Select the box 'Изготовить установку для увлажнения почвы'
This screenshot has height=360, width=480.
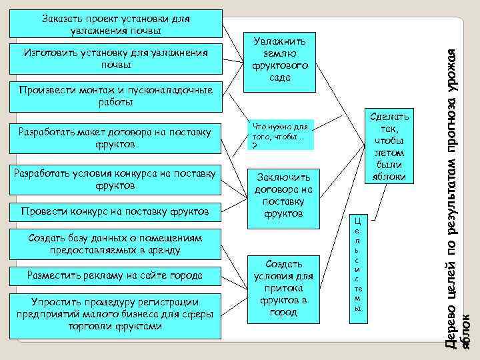tap(115, 59)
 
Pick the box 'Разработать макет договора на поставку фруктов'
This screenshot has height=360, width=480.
tap(115, 138)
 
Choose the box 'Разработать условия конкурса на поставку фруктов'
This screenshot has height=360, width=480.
tap(115, 179)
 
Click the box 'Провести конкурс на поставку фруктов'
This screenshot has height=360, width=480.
tap(115, 212)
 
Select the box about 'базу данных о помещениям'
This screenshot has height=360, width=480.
tap(115, 243)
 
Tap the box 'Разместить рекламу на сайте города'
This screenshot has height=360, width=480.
tap(115, 275)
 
